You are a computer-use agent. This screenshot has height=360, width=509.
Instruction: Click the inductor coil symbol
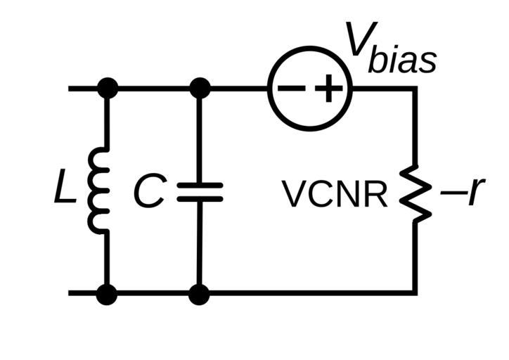[98, 190]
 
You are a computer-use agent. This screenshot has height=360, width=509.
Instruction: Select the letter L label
[65, 191]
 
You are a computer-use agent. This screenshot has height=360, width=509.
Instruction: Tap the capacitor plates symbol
[200, 192]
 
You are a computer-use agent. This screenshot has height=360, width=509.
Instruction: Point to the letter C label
[149, 191]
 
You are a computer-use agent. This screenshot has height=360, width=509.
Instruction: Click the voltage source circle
[310, 89]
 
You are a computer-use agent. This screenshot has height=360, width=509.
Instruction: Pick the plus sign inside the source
[328, 89]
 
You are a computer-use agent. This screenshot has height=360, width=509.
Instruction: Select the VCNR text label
[335, 195]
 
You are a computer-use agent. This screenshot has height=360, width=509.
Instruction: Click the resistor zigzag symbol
[415, 193]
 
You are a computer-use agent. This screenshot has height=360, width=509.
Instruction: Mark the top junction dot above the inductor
[107, 89]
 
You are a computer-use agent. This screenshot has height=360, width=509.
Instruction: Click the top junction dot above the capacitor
[200, 89]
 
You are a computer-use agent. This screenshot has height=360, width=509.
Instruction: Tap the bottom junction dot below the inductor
[107, 293]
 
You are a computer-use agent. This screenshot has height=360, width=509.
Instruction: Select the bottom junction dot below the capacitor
[200, 293]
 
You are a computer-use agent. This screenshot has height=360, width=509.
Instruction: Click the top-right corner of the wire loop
[415, 89]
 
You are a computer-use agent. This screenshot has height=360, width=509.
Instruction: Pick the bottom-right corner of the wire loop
[415, 292]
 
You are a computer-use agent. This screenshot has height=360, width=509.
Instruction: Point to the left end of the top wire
[70, 89]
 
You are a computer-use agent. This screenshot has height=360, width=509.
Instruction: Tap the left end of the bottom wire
[70, 292]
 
